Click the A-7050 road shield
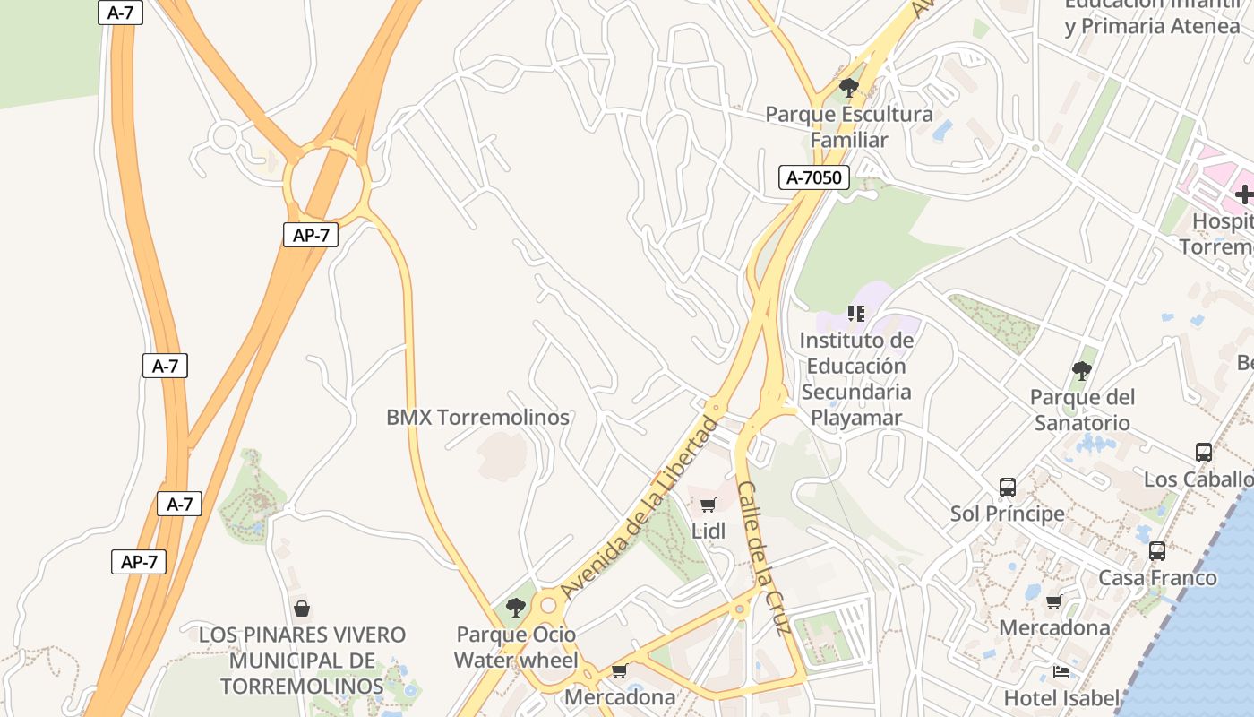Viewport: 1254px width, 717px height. tap(813, 177)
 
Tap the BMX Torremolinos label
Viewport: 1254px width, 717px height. tap(477, 417)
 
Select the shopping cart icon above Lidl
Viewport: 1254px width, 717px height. tap(709, 505)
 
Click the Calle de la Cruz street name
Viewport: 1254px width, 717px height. tap(764, 557)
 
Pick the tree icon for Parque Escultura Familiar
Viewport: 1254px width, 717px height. tap(848, 88)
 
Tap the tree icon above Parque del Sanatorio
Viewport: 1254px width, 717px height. tap(1082, 370)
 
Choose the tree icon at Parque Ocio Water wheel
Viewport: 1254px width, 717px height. tap(515, 608)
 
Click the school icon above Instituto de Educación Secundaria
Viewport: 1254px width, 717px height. tap(856, 314)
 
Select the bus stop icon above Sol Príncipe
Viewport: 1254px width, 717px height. tap(1008, 488)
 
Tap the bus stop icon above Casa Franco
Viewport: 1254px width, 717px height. tap(1157, 551)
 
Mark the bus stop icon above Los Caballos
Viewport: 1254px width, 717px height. tap(1204, 453)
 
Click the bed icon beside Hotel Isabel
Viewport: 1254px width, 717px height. tap(1061, 671)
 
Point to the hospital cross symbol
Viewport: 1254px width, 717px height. tap(1244, 194)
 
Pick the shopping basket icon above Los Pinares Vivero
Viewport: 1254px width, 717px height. tap(302, 609)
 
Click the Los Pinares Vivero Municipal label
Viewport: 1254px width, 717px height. tap(302, 661)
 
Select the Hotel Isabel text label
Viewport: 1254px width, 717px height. tap(1061, 697)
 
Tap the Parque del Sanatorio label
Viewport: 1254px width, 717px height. tap(1082, 410)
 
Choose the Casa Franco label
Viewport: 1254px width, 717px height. tap(1157, 577)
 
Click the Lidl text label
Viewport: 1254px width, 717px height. tap(709, 531)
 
